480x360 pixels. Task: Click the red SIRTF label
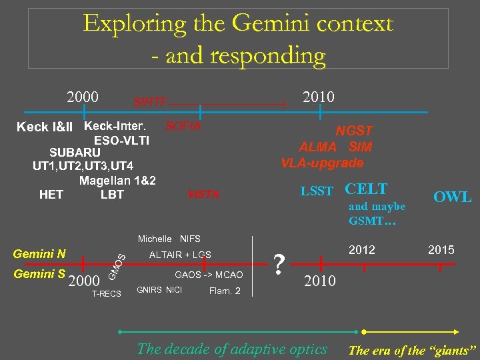pos(150,102)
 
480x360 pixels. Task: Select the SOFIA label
pos(183,126)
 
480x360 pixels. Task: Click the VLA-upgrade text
pos(322,163)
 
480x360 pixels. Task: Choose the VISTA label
pos(203,195)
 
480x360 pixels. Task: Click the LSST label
pos(317,191)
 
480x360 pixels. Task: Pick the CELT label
pos(366,189)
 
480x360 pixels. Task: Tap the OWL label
pos(452,197)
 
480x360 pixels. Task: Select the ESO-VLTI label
pos(121,141)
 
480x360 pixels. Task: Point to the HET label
pos(51,195)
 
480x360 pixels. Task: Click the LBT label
pos(112,195)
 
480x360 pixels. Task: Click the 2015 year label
pos(441,250)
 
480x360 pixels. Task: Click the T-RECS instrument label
pos(107,294)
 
